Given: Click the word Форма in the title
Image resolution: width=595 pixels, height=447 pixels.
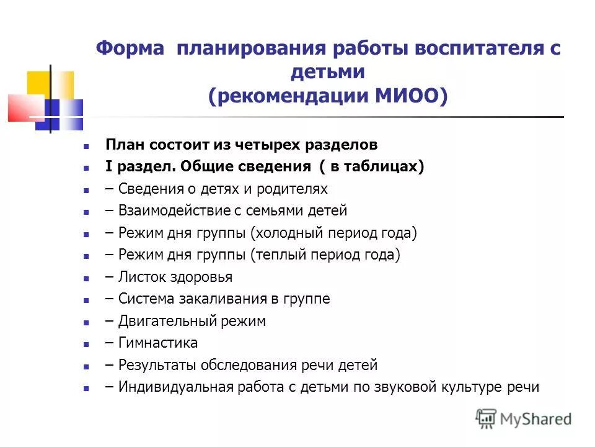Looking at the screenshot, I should pyautogui.click(x=130, y=49).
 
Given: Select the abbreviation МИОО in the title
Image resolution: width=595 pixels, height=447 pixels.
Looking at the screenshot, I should pyautogui.click(x=407, y=96).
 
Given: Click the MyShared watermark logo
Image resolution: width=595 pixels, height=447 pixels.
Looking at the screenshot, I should pyautogui.click(x=524, y=419).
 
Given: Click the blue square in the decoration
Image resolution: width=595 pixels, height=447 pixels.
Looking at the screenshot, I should pyautogui.click(x=59, y=115).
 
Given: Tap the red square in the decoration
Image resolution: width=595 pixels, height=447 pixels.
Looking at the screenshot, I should pyautogui.click(x=22, y=107).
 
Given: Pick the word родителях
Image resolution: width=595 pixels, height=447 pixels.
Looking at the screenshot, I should pyautogui.click(x=293, y=189).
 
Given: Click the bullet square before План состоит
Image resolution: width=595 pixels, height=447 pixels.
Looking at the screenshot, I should pyautogui.click(x=87, y=146).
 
